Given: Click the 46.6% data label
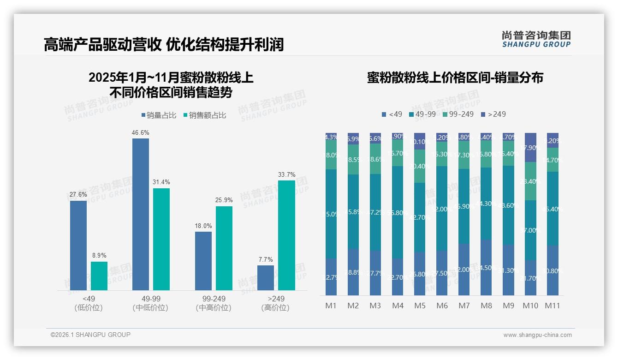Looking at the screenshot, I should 141,132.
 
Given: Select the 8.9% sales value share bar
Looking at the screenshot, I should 99,276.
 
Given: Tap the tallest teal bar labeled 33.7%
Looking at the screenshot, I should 286,235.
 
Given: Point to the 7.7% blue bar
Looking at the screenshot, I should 265,278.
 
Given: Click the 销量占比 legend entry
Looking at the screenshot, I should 159,115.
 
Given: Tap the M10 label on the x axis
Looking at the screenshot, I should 530,306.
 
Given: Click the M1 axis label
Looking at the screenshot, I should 331,306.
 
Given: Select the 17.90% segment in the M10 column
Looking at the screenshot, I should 530,148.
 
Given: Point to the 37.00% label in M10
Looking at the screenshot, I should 530,230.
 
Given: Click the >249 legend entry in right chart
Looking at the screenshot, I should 493,114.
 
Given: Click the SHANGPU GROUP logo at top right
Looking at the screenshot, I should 536,39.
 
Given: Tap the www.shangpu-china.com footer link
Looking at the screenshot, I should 537,335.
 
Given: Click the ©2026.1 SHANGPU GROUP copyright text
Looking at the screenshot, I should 90,335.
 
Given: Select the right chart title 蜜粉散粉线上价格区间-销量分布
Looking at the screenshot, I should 455,78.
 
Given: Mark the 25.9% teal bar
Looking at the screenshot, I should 224,248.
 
